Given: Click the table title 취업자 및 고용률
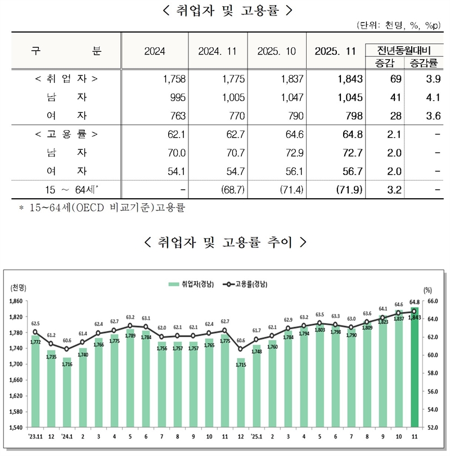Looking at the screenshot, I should coord(225,10).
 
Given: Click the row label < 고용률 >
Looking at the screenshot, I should coord(66,135).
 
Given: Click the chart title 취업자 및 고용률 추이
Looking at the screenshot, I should coord(225,242).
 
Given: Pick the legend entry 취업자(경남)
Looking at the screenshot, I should coord(192,285).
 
